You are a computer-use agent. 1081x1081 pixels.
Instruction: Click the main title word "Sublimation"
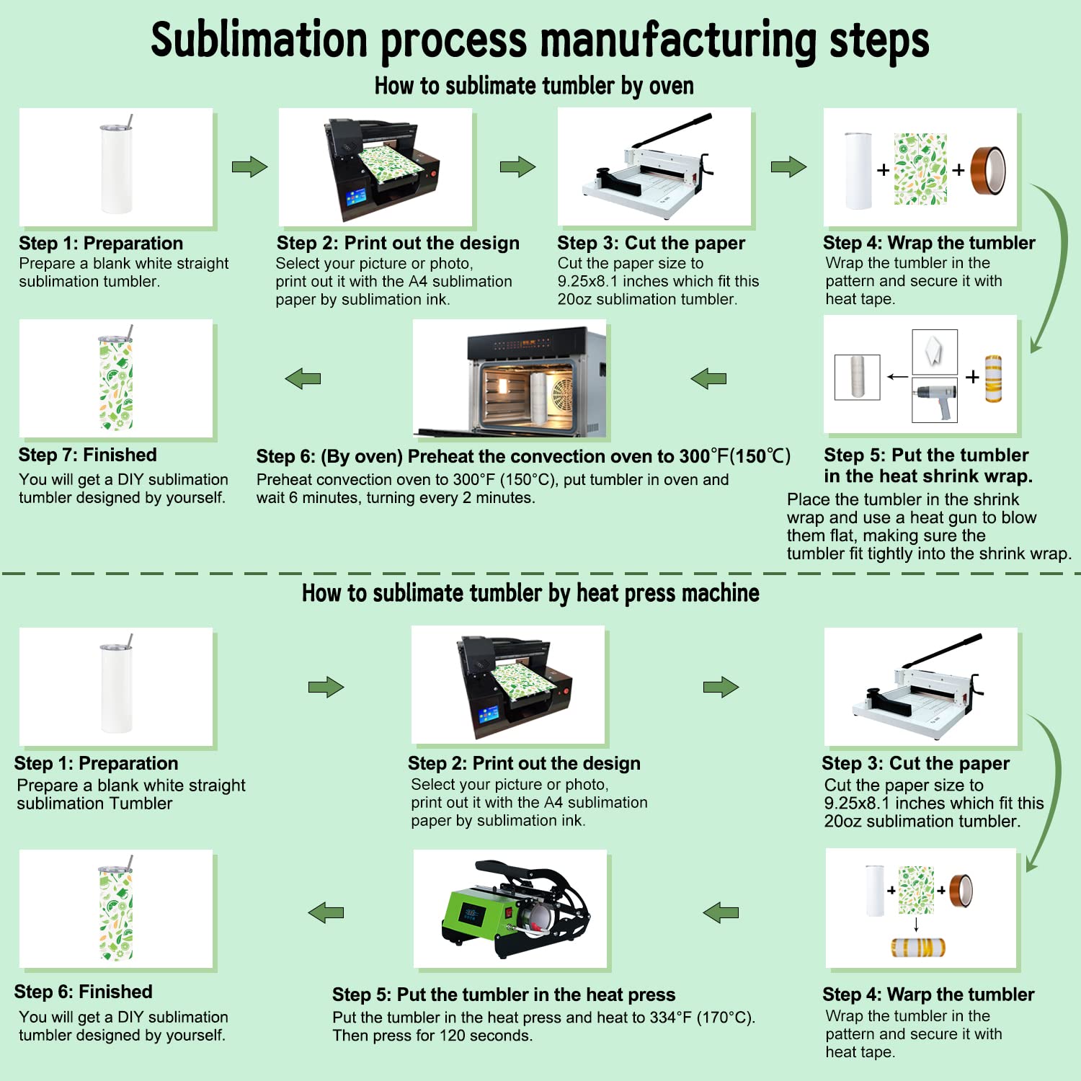tap(259, 40)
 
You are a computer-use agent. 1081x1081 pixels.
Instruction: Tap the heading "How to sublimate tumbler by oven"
tap(533, 86)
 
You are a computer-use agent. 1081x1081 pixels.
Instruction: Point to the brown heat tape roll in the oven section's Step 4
tap(988, 171)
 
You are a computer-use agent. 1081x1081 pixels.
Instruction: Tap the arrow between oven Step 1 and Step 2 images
tap(249, 167)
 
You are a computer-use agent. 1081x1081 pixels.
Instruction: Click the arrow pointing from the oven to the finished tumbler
tap(303, 378)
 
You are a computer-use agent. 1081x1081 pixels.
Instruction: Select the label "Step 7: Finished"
tap(87, 455)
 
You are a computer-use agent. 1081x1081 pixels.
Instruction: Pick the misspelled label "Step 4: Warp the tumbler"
tap(928, 995)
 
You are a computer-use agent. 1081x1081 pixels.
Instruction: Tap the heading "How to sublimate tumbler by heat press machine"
tap(530, 593)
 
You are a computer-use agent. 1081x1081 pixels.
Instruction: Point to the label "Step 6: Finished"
tap(83, 992)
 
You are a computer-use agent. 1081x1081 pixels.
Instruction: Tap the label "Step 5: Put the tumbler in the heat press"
tap(504, 995)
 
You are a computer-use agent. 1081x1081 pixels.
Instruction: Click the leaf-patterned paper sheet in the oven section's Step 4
tap(920, 169)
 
